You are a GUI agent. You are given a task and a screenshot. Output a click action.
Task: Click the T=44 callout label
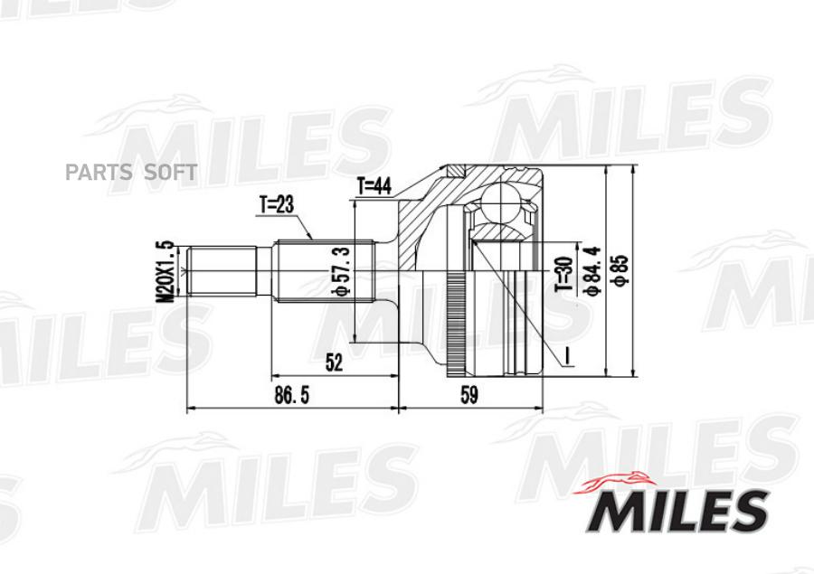click(x=374, y=186)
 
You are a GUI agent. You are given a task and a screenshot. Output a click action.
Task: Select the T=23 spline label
click(x=277, y=205)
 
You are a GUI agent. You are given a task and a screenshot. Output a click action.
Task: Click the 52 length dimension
click(x=335, y=362)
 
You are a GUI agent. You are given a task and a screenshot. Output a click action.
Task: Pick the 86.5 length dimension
click(x=291, y=395)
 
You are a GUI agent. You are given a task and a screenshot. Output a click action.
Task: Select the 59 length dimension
click(x=469, y=395)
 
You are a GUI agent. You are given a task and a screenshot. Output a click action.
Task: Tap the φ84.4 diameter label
click(x=592, y=271)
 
